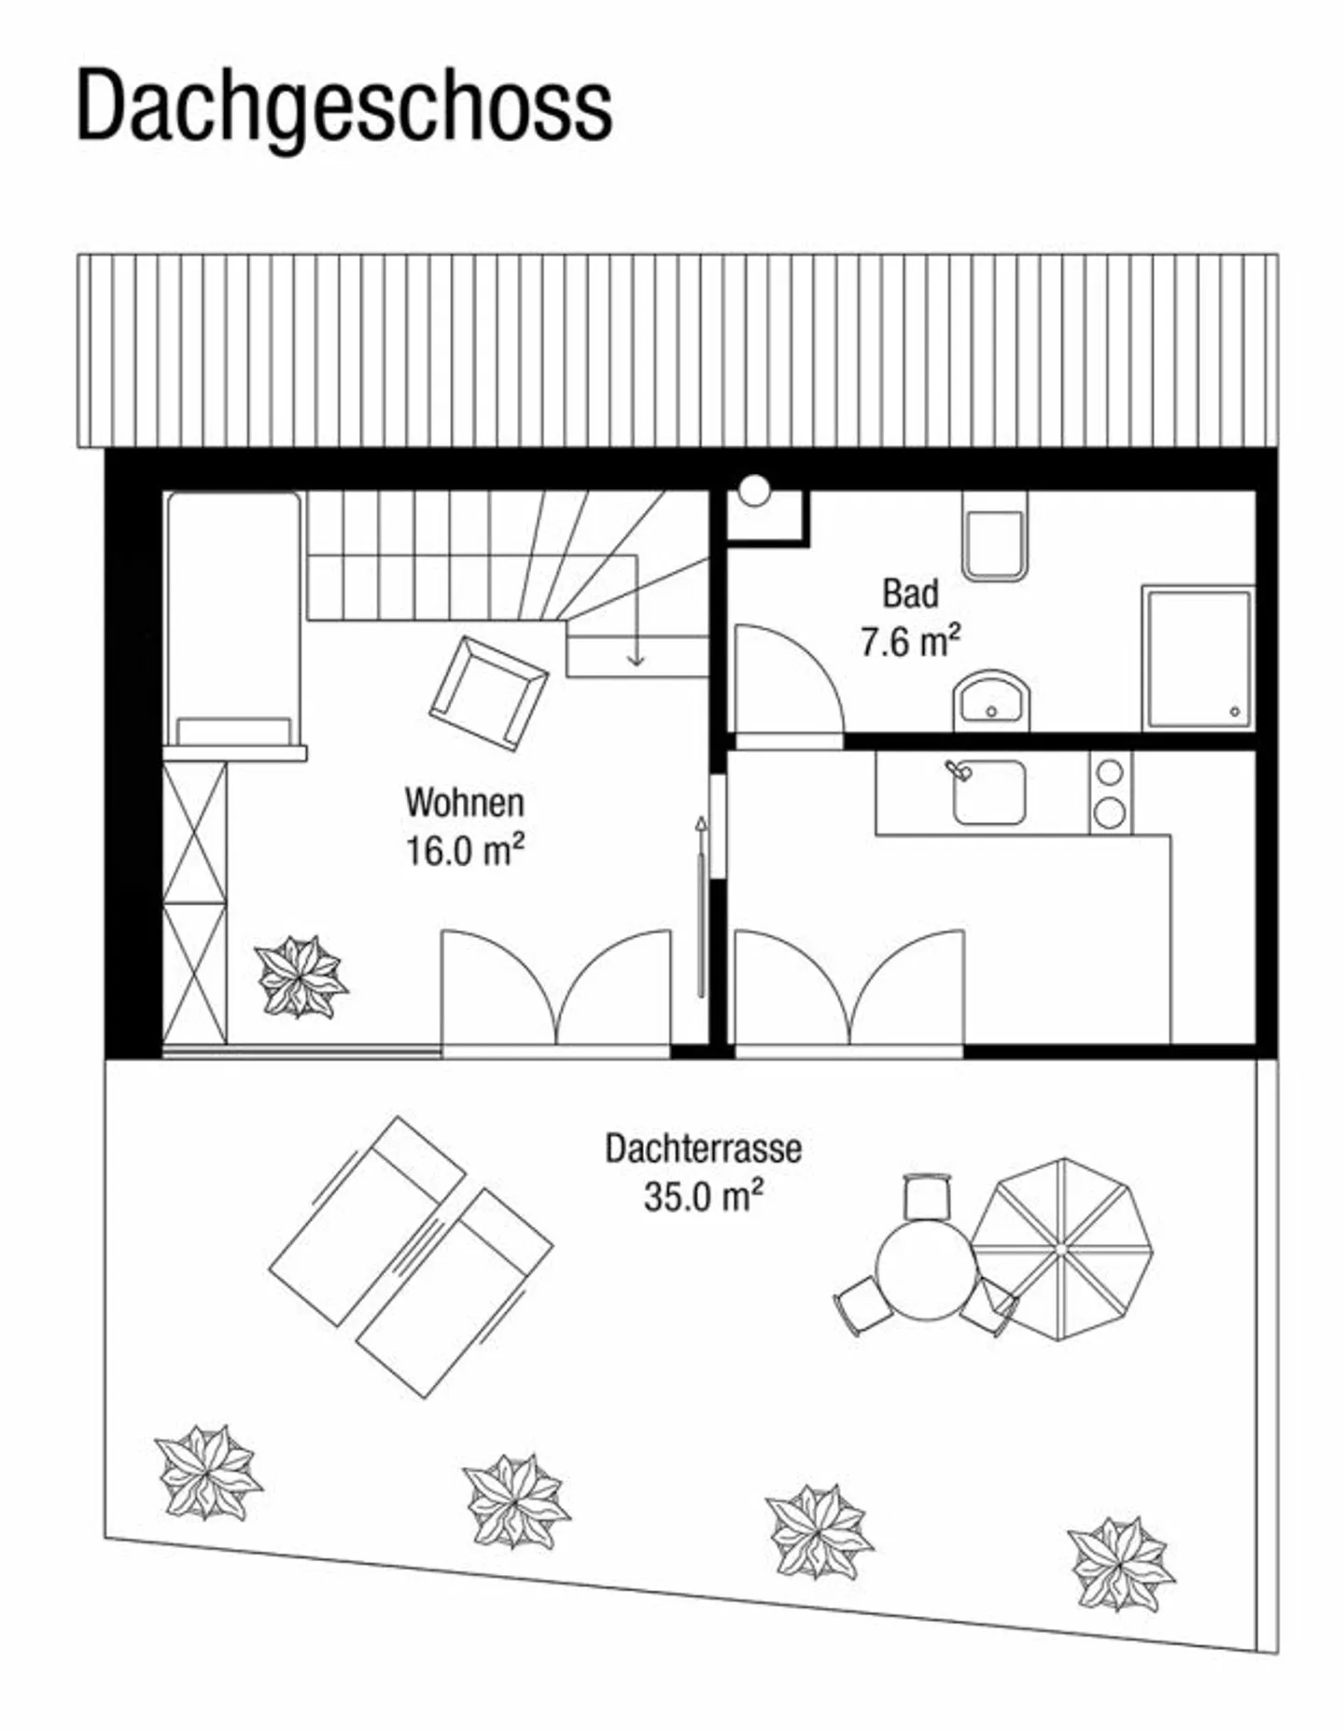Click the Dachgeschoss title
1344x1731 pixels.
(x=343, y=105)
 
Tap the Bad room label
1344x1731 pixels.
(x=910, y=593)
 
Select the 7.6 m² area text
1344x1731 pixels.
(x=910, y=642)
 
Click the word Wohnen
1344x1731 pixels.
(x=464, y=803)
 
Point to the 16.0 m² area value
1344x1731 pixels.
(x=464, y=851)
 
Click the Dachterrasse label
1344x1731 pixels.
(x=703, y=1149)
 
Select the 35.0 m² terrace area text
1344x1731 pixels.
(x=703, y=1196)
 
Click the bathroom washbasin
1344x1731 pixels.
(x=992, y=700)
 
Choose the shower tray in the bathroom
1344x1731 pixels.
(x=1198, y=659)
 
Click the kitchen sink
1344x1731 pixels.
(x=988, y=792)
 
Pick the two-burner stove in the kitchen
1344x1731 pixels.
(x=1110, y=793)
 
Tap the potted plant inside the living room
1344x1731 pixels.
(x=300, y=977)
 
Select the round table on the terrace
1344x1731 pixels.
(x=927, y=1270)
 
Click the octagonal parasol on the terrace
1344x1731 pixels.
(x=1061, y=1249)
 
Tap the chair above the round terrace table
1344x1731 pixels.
(x=927, y=1196)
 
